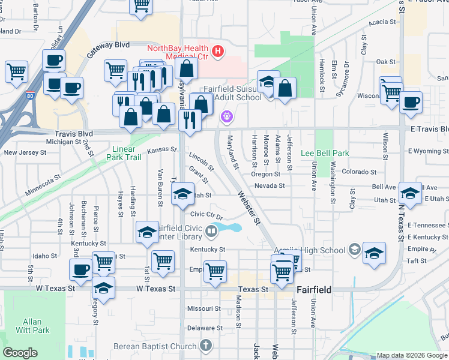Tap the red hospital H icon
tap(217, 52)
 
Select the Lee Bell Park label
tap(325, 153)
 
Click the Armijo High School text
tap(316, 250)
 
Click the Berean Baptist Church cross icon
tap(206, 346)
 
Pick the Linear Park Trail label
tap(127, 153)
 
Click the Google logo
tap(20, 352)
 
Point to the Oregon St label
tap(266, 174)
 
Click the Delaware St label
tap(204, 328)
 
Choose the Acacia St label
tap(382, 22)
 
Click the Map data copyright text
tap(411, 355)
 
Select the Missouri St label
tap(205, 308)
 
